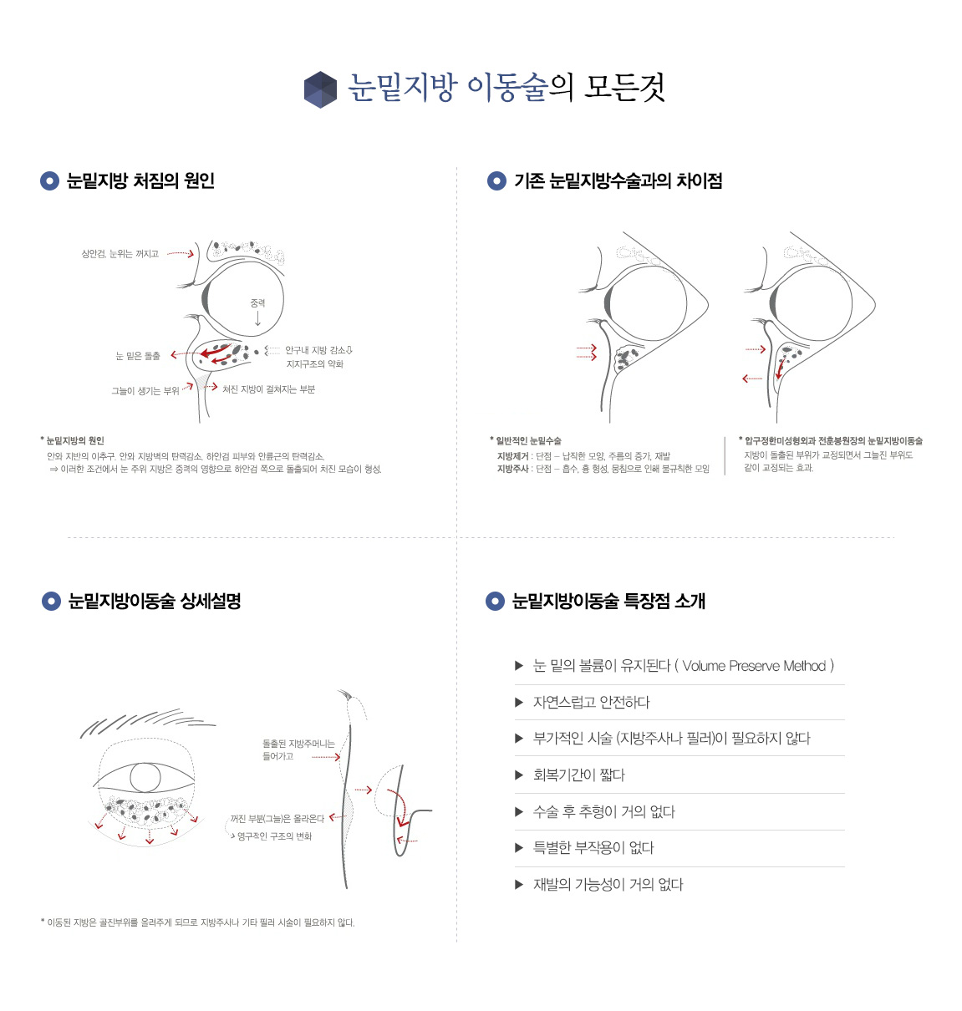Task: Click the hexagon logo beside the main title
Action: coord(320,89)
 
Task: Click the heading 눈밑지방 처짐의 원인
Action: coord(140,180)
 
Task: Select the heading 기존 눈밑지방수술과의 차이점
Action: coord(618,180)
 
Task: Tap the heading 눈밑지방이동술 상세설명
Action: coord(155,601)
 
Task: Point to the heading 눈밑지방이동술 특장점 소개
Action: coord(608,601)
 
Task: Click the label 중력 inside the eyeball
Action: coord(257,303)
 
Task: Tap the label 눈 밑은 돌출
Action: coord(138,355)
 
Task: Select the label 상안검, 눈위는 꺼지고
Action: coord(120,253)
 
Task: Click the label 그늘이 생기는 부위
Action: coord(145,391)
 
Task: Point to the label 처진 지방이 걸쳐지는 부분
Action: coord(268,389)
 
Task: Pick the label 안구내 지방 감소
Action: coord(315,350)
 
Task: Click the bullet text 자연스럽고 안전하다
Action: coord(591,702)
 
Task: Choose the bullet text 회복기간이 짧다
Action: coord(578,775)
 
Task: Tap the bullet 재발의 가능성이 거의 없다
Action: coord(608,884)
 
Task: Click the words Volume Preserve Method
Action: coord(754,666)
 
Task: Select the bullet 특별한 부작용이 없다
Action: coord(593,847)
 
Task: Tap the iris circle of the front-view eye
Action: coord(145,777)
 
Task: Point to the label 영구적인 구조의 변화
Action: coord(274,836)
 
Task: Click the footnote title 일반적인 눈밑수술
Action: coord(528,440)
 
